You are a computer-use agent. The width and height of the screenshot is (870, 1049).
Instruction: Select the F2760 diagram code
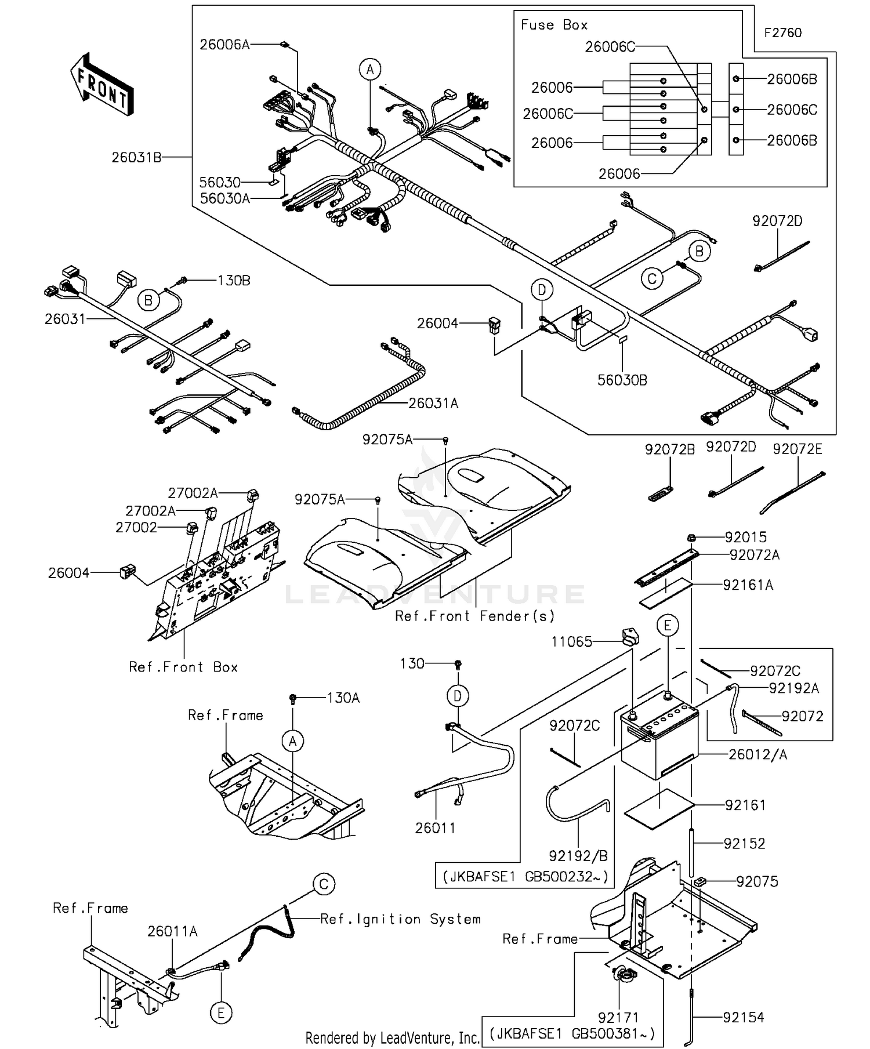coord(782,33)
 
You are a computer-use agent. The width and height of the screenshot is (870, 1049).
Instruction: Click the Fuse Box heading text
coord(554,25)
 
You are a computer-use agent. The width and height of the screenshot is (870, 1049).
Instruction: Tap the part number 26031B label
coord(136,157)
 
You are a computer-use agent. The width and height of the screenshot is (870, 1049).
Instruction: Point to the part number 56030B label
coord(622,380)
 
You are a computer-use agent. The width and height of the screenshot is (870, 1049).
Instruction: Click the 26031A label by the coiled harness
coord(433,404)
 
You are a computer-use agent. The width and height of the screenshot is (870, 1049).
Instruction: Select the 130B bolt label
coord(234,281)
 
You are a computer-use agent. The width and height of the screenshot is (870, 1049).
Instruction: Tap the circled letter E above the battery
coord(668,626)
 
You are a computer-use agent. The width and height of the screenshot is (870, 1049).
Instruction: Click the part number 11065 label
coord(571,641)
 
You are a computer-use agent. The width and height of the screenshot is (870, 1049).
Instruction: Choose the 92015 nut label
coord(745,537)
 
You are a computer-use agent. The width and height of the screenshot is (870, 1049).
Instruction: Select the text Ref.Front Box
coord(183,667)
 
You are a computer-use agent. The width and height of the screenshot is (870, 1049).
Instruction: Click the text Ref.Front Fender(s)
coord(475,616)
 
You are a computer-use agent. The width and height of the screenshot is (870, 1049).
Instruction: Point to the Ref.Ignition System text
coord(400,919)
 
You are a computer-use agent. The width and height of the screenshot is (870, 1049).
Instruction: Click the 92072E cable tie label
coord(797,449)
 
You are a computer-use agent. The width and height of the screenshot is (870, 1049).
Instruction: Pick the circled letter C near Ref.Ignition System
coord(324,884)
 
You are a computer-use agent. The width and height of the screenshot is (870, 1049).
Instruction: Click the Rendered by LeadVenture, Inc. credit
coord(392,1037)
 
